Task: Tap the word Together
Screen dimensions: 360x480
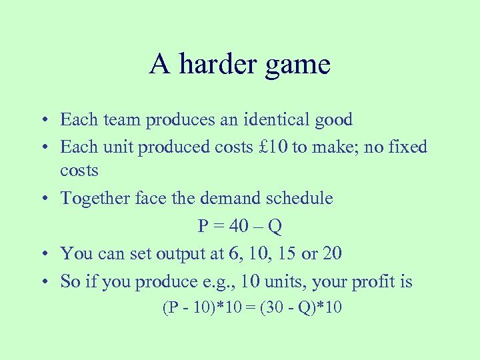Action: [91, 198]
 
